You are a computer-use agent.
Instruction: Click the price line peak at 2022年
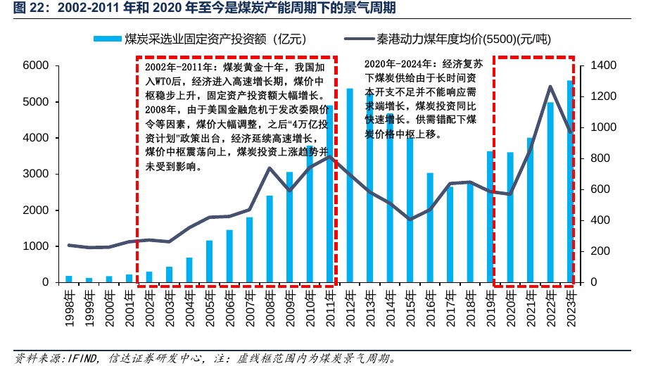coord(550,87)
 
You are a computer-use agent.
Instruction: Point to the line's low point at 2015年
coord(410,220)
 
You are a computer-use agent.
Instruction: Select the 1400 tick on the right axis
coord(603,65)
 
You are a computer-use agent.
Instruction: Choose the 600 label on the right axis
coord(600,189)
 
